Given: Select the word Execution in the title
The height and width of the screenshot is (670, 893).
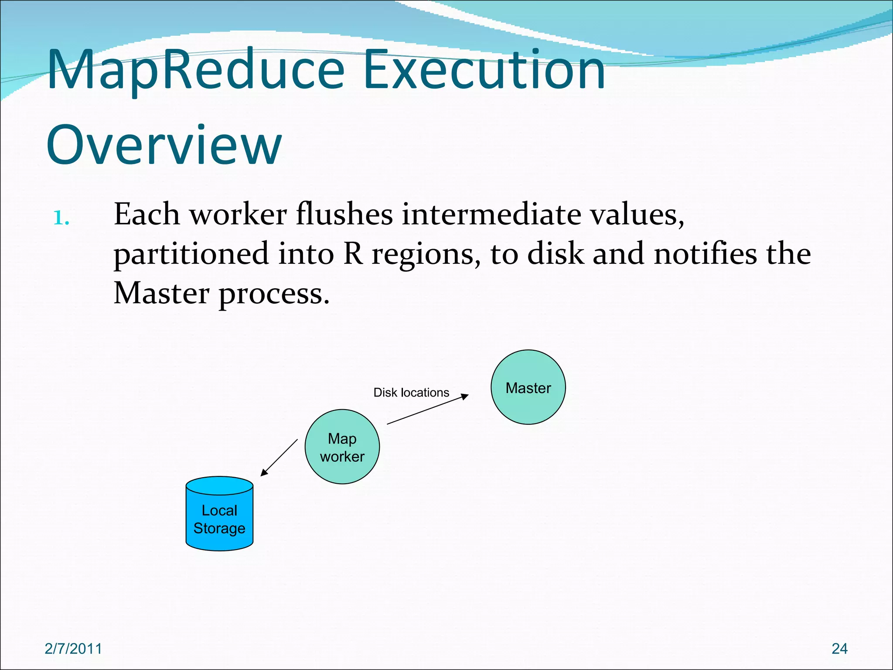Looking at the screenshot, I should tap(484, 70).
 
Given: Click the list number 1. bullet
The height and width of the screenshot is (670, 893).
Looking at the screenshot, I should tap(61, 219).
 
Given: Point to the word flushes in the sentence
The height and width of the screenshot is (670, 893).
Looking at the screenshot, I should tap(344, 215).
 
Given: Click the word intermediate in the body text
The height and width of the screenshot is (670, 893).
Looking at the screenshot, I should tap(491, 215).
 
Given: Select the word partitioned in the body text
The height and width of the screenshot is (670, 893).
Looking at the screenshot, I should tap(191, 255).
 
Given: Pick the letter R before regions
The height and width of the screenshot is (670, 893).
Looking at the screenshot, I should tap(353, 254).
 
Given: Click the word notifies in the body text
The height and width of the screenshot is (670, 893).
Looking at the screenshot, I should tap(706, 254).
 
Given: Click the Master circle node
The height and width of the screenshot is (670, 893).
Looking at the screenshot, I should tap(528, 387).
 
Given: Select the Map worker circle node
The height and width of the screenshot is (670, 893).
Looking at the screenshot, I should tap(342, 447).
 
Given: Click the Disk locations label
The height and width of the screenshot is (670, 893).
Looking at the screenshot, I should tap(411, 393).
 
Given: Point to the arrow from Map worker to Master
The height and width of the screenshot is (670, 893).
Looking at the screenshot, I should tap(427, 409).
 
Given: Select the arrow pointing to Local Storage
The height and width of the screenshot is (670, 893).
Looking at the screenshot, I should tap(279, 458).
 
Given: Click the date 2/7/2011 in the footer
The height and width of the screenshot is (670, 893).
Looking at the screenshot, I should tap(73, 649).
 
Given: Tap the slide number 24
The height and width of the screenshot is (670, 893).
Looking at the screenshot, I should tap(839, 649).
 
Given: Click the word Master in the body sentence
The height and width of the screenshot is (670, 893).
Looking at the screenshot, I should tap(162, 294).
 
